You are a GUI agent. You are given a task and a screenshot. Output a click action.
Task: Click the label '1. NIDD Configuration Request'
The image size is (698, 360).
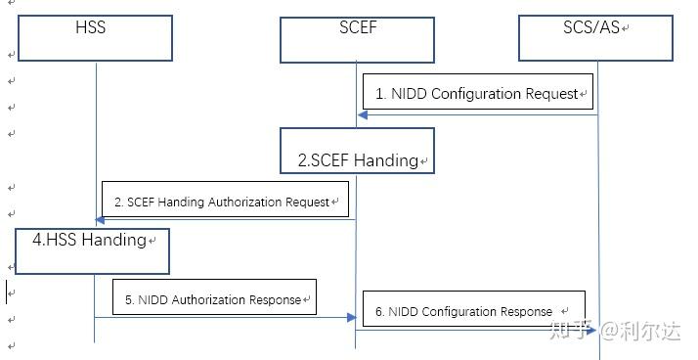coord(478,94)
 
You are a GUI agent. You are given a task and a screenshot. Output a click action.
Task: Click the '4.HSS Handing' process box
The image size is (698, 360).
coord(92,249)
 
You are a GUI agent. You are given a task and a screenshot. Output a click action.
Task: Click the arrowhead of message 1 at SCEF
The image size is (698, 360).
coord(363,115)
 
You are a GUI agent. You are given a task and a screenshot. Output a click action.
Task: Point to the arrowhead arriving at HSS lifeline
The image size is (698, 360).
coord(101,220)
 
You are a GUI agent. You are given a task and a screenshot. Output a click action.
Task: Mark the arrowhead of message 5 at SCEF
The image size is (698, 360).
coord(349,317)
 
